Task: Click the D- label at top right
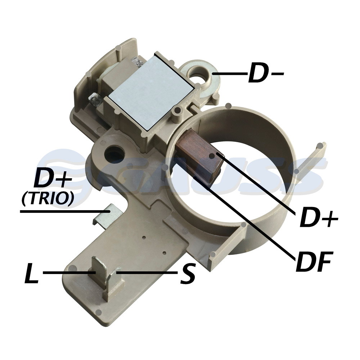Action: tap(266, 73)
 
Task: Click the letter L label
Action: tap(31, 273)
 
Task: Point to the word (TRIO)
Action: tap(48, 199)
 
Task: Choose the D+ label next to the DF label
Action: tap(319, 217)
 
